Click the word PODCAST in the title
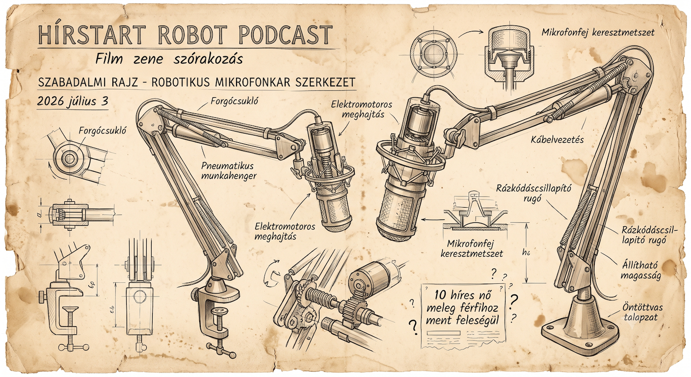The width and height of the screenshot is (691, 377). pyautogui.click(x=285, y=35)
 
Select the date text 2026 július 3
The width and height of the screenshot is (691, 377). pyautogui.click(x=73, y=101)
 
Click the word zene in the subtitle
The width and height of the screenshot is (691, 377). pyautogui.click(x=148, y=59)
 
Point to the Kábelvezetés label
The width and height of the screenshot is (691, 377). pyautogui.click(x=557, y=140)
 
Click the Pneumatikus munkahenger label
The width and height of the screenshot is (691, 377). pyautogui.click(x=229, y=171)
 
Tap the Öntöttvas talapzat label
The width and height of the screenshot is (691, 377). pyautogui.click(x=642, y=312)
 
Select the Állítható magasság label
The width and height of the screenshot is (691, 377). pyautogui.click(x=641, y=270)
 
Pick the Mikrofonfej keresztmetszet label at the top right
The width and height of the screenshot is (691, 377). pyautogui.click(x=598, y=32)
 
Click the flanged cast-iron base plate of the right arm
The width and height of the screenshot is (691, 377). pyautogui.click(x=581, y=335)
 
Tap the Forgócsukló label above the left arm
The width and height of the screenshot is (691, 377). pyautogui.click(x=234, y=101)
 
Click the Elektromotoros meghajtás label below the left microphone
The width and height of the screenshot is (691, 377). pyautogui.click(x=285, y=231)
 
